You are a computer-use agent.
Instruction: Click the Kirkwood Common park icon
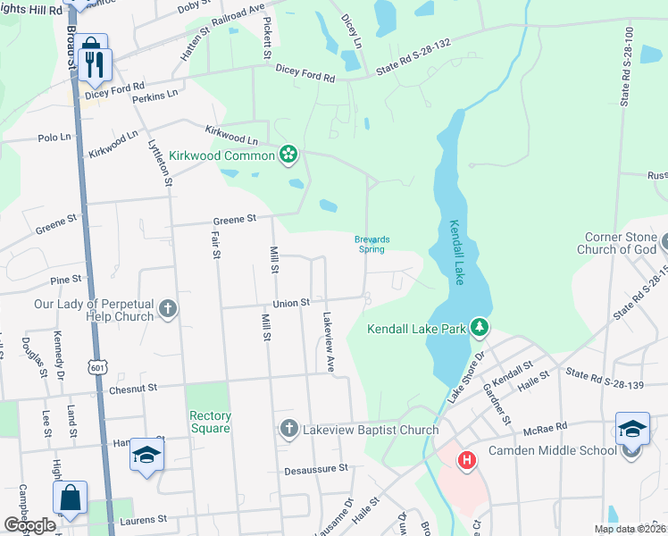(x=288, y=155)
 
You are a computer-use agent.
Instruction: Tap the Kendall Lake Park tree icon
(x=480, y=329)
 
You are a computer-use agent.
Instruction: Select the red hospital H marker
(x=465, y=461)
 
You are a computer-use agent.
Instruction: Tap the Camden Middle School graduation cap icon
(x=631, y=431)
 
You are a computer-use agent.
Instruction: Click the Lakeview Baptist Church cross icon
(x=288, y=430)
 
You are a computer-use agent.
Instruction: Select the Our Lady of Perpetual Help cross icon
(x=167, y=310)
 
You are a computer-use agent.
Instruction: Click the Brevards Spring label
(x=372, y=244)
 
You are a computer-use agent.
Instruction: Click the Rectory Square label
(x=210, y=422)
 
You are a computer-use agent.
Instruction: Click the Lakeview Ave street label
(x=329, y=342)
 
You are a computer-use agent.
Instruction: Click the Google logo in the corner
(x=29, y=525)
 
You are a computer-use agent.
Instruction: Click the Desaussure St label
(x=315, y=468)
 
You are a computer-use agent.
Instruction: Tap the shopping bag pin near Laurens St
(x=70, y=500)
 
